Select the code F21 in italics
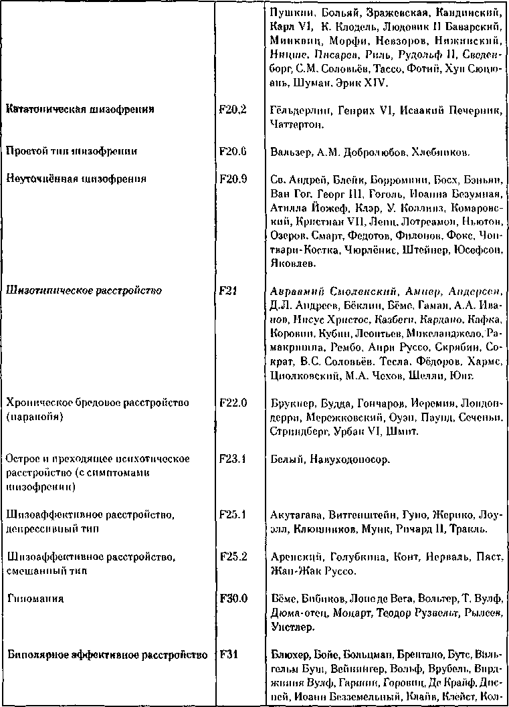[227, 291]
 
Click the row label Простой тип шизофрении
[72, 151]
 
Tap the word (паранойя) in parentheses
[35, 417]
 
